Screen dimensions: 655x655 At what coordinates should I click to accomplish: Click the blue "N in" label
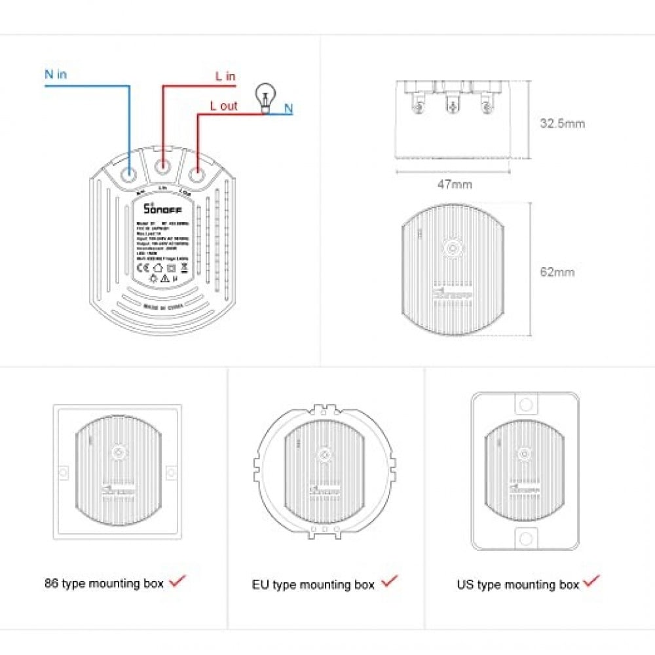[56, 74]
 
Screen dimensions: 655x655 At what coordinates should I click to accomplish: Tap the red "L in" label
[225, 77]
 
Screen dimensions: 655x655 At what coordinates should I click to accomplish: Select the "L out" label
[223, 105]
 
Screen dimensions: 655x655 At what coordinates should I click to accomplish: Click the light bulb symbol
[264, 96]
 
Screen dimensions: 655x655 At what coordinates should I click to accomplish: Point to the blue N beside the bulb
[288, 109]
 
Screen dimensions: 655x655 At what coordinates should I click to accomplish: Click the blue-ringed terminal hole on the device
[128, 174]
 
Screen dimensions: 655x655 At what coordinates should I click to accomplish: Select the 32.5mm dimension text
[562, 123]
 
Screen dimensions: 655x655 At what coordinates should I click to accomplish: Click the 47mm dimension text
[454, 184]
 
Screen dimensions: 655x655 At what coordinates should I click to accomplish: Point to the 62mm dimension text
[557, 271]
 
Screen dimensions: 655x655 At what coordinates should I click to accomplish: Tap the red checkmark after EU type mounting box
[390, 581]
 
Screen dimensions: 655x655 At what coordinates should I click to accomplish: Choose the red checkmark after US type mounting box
[592, 580]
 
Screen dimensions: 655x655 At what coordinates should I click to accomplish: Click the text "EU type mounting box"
[313, 584]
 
